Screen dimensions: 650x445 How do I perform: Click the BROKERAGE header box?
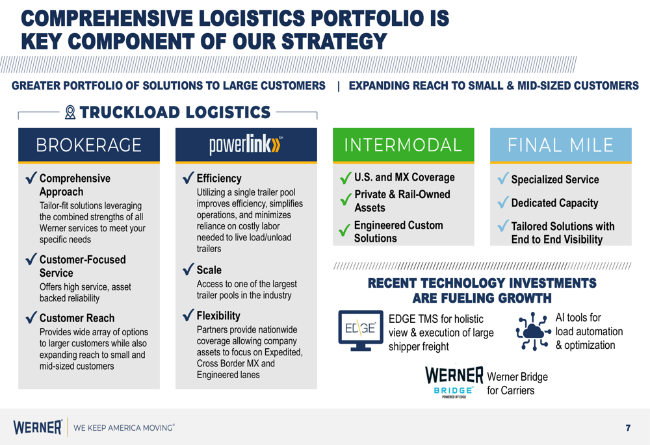tap(88, 145)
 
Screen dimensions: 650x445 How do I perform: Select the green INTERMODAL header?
tap(404, 145)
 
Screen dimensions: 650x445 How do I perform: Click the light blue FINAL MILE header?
tap(560, 145)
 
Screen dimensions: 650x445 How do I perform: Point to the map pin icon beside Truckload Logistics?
tap(70, 112)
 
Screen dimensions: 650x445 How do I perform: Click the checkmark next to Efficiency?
tap(188, 177)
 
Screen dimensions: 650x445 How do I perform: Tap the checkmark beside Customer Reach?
tap(31, 317)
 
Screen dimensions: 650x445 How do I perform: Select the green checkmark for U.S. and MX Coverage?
tap(345, 178)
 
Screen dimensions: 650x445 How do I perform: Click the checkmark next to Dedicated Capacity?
tap(503, 202)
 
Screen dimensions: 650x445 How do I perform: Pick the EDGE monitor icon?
tap(361, 330)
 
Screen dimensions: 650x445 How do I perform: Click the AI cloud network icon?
tap(534, 331)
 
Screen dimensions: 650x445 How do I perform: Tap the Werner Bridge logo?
tap(454, 382)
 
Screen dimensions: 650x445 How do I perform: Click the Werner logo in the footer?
tap(38, 427)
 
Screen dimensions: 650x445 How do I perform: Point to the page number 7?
tap(628, 428)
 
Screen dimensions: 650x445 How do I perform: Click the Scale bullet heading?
tap(209, 270)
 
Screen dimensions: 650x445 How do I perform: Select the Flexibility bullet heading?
tap(218, 316)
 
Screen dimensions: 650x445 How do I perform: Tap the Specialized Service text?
tap(555, 179)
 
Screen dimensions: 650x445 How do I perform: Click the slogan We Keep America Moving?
tap(124, 427)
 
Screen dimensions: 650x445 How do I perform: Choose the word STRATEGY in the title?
tap(334, 42)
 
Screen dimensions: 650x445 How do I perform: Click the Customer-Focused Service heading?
tap(83, 266)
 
